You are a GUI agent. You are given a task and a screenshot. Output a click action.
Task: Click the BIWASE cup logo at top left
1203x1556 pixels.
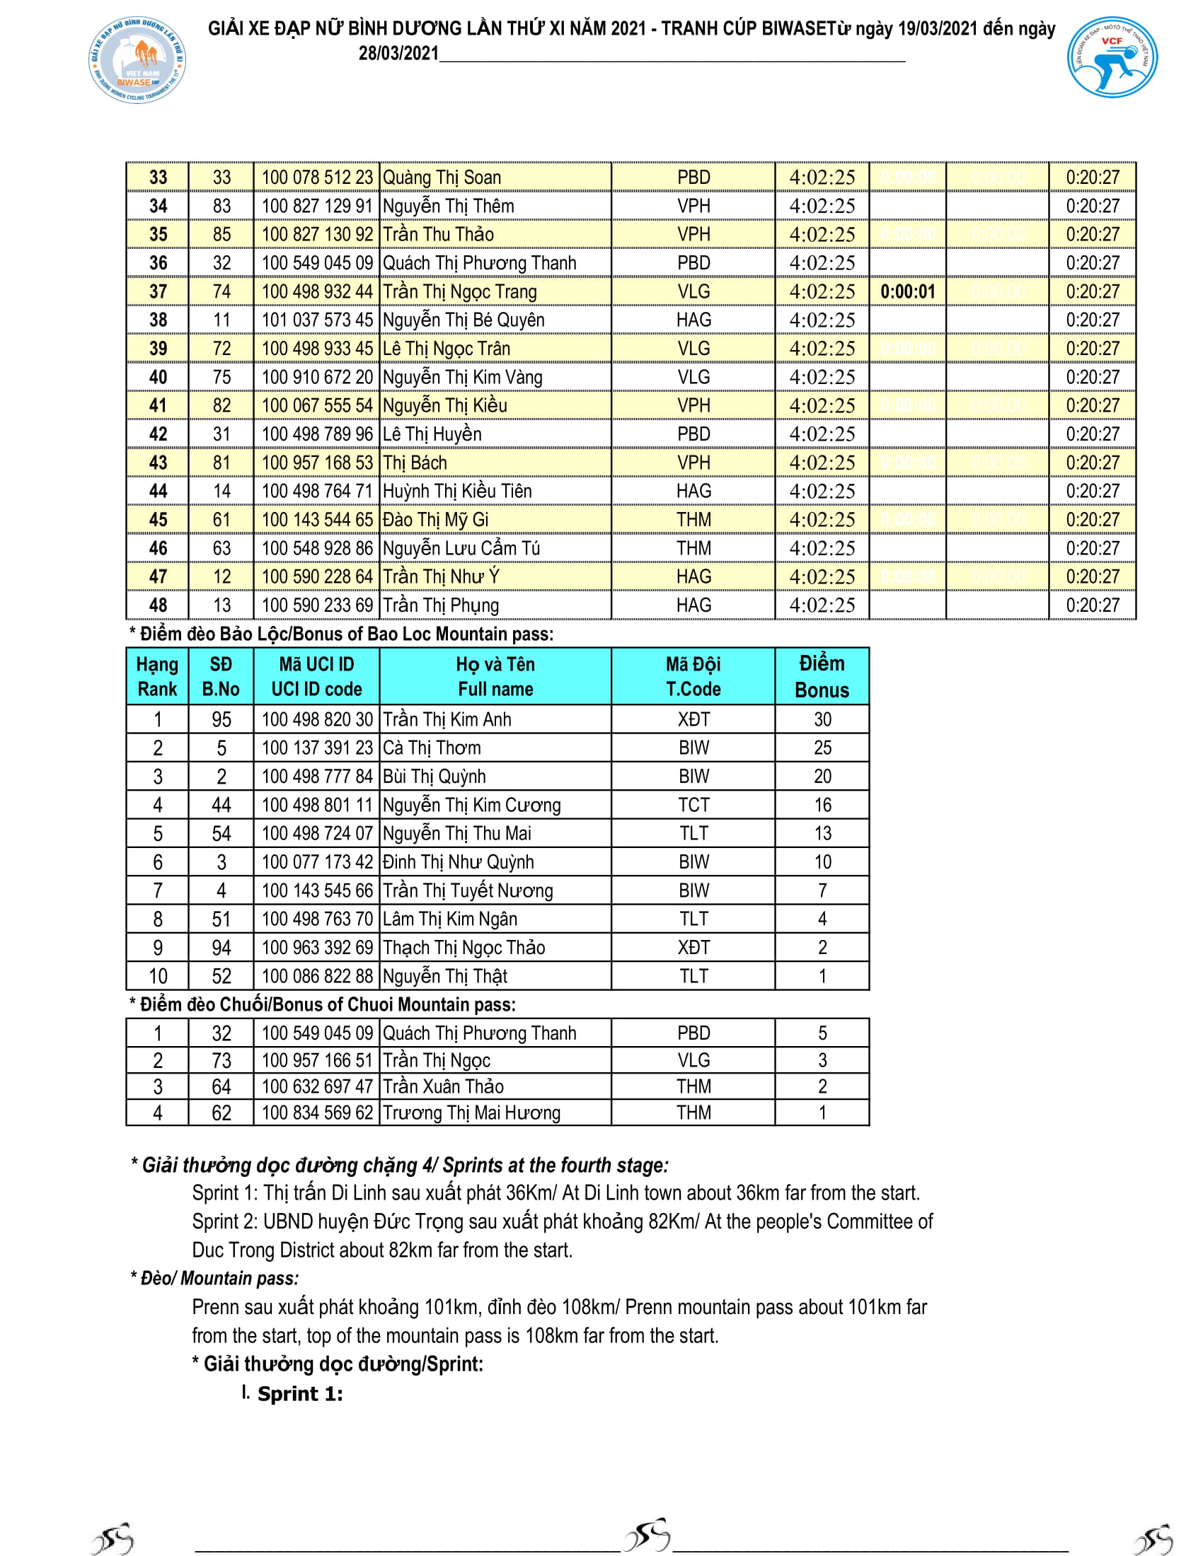pyautogui.click(x=137, y=62)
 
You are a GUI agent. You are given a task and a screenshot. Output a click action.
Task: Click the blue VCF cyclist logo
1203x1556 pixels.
pyautogui.click(x=1112, y=58)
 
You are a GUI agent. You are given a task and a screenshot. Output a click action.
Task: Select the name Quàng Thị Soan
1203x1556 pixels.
pyautogui.click(x=442, y=178)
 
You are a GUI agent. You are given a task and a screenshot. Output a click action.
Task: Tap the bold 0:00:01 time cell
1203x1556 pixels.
pyautogui.click(x=907, y=291)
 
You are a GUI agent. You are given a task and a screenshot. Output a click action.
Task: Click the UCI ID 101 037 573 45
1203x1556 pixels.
pyautogui.click(x=317, y=320)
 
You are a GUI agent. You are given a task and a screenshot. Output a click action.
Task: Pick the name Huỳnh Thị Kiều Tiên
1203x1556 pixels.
pyautogui.click(x=457, y=491)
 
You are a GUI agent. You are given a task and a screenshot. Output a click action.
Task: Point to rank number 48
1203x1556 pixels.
pyautogui.click(x=158, y=605)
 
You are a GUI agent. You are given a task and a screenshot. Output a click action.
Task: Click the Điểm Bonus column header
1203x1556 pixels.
pyautogui.click(x=822, y=676)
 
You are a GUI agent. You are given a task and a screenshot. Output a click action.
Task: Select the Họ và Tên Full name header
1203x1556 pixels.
pyautogui.click(x=495, y=676)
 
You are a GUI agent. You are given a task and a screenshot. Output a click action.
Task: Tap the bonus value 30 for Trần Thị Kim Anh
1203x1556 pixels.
pyautogui.click(x=822, y=719)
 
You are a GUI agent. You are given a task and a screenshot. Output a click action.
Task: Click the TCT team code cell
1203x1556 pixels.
pyautogui.click(x=693, y=805)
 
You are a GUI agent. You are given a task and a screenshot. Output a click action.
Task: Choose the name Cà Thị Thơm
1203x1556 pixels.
pyautogui.click(x=432, y=748)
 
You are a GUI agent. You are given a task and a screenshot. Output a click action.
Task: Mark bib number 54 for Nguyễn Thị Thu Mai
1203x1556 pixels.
pyautogui.click(x=221, y=834)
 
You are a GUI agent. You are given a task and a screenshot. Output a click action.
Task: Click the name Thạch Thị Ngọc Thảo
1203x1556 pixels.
pyautogui.click(x=464, y=948)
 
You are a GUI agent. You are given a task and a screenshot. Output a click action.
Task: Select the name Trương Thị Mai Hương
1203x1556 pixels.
pyautogui.click(x=472, y=1113)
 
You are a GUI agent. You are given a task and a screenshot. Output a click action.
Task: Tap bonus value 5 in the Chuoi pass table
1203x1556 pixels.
pyautogui.click(x=822, y=1033)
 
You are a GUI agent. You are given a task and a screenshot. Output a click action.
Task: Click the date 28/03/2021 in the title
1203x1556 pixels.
pyautogui.click(x=398, y=54)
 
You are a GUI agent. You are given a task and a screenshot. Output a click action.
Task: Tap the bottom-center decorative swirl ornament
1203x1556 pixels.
pyautogui.click(x=646, y=1535)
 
